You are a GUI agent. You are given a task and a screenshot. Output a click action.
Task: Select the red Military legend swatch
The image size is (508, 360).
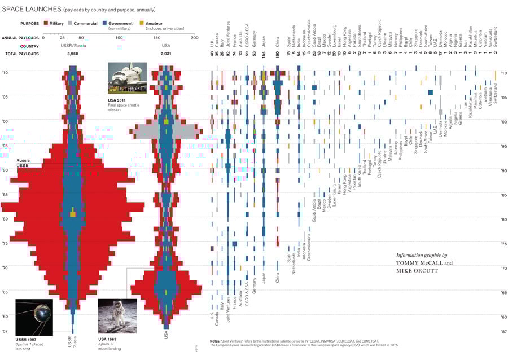(x=46, y=23)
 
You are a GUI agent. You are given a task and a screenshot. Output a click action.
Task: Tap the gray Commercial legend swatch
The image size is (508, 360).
(x=69, y=23)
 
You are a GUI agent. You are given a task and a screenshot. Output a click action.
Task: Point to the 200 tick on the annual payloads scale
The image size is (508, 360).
(x=195, y=38)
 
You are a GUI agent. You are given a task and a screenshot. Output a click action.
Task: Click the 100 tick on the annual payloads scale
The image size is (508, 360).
(x=119, y=38)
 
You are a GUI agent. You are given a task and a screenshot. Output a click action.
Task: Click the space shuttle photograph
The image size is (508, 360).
(x=127, y=78)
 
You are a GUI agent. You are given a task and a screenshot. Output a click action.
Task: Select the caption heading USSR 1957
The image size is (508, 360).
(x=28, y=339)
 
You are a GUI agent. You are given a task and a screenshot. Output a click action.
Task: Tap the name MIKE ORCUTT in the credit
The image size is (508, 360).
(x=417, y=271)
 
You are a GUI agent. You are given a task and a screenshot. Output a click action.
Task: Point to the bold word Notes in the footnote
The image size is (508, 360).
(x=214, y=341)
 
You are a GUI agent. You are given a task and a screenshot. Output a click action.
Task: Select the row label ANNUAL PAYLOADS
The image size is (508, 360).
(x=20, y=38)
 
